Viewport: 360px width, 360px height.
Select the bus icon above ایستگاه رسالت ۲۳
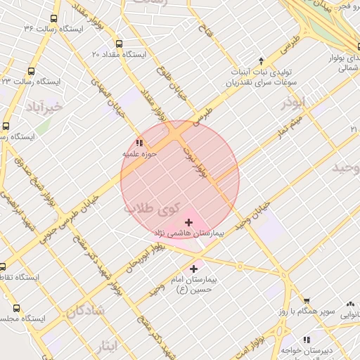click(32, 71)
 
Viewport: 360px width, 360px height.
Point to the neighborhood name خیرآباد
click(44, 107)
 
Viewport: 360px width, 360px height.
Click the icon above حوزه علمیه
click(138, 143)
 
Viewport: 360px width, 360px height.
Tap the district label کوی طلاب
click(151, 208)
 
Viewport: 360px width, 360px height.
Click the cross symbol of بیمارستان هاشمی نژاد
click(188, 223)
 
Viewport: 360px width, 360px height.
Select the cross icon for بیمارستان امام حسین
click(194, 269)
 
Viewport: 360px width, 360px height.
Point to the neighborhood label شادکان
click(86, 309)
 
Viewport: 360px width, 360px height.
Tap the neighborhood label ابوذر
click(295, 103)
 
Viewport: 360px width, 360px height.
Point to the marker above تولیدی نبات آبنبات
click(262, 61)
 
